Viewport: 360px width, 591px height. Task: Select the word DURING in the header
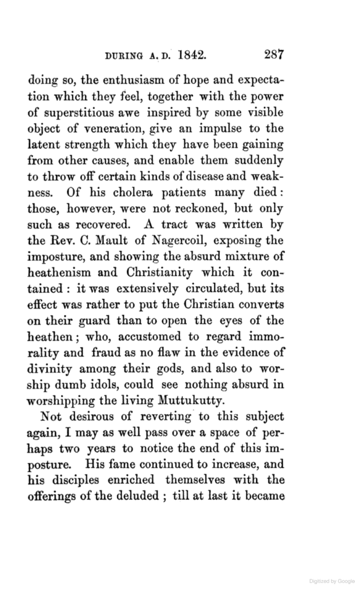pos(126,57)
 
